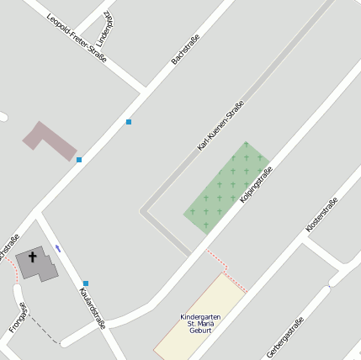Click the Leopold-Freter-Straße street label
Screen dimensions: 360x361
click(77, 39)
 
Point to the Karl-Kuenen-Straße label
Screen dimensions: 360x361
click(220, 126)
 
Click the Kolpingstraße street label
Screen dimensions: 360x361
click(255, 188)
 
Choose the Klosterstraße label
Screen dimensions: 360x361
click(321, 214)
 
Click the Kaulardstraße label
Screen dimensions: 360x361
click(92, 308)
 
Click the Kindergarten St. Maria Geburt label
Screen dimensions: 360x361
click(199, 323)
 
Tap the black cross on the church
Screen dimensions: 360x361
click(34, 257)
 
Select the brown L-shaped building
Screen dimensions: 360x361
click(49, 140)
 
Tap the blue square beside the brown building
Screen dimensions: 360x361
click(79, 159)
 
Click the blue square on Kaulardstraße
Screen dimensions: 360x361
click(86, 283)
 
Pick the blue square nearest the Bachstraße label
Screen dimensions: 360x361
click(129, 122)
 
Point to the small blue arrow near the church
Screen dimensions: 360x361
click(58, 247)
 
